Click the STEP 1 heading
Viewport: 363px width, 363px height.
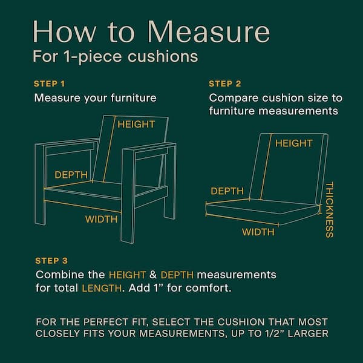click(50, 83)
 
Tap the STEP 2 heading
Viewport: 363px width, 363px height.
click(225, 83)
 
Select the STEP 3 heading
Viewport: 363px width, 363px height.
click(51, 261)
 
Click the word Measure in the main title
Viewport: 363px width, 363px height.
click(209, 31)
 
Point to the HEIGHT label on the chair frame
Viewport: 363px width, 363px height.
click(136, 124)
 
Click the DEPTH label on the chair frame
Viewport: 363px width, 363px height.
click(71, 175)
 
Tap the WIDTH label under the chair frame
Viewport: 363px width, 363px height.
click(101, 219)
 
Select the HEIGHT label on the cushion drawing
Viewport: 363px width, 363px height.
click(294, 143)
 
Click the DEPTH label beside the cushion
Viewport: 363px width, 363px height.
click(227, 191)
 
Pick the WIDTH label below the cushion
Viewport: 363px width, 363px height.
click(258, 232)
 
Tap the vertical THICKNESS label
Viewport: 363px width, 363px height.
click(329, 210)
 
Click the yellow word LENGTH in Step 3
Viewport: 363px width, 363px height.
click(102, 288)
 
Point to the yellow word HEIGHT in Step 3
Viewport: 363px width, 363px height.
click(127, 275)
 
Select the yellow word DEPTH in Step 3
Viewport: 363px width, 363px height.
click(177, 275)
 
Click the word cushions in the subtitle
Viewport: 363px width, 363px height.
click(163, 56)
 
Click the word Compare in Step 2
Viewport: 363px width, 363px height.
click(234, 99)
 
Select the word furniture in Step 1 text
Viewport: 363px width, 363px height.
click(133, 97)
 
